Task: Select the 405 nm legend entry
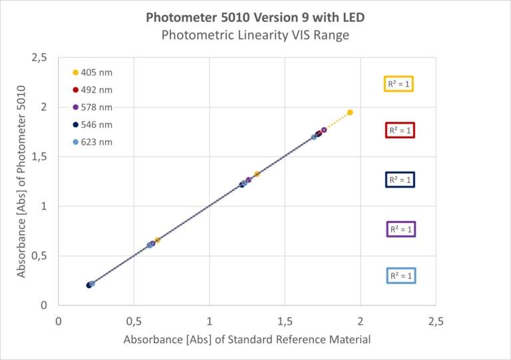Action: (x=93, y=73)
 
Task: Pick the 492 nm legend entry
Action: (x=93, y=90)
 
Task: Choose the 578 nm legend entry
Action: (x=93, y=107)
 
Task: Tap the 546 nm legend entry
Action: (x=93, y=124)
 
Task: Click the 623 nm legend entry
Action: (x=93, y=142)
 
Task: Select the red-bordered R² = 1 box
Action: (x=401, y=130)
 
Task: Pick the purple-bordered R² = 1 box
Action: (x=401, y=229)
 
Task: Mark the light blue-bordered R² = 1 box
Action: (x=401, y=275)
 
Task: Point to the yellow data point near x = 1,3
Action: (x=257, y=174)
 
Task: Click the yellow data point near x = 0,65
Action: (x=157, y=240)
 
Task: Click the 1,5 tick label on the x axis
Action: (x=285, y=321)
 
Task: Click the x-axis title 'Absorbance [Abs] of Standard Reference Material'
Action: (x=246, y=339)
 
